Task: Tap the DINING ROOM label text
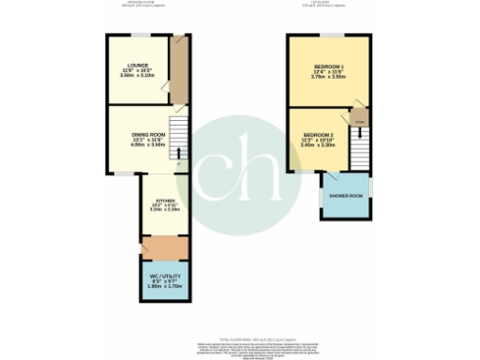(148, 135)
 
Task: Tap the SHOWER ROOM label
(346, 195)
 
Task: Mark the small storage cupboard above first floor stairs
(359, 119)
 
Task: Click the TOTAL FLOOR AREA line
(239, 335)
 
